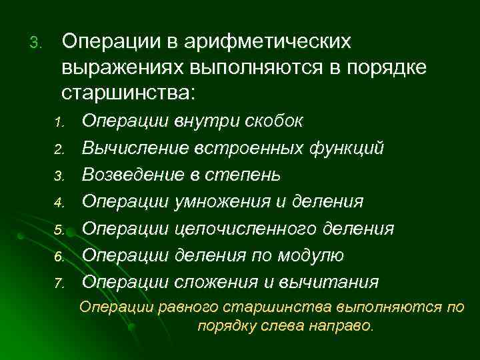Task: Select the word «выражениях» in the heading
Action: tap(124, 67)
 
